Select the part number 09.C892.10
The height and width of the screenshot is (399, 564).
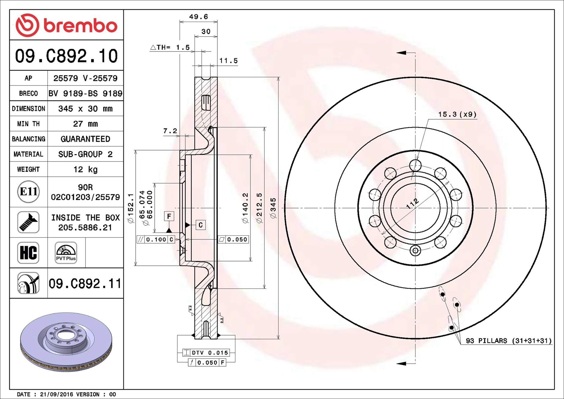point(66,56)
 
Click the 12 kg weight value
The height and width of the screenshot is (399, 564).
point(85,170)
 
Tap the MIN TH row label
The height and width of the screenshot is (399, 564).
point(28,124)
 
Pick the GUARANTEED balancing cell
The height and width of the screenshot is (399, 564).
point(85,139)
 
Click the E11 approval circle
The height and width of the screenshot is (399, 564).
point(28,192)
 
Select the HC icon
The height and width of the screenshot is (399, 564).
point(28,253)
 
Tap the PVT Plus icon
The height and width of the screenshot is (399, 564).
point(66,253)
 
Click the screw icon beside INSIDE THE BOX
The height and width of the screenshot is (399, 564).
point(28,222)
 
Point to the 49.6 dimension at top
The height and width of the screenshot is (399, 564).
point(198,17)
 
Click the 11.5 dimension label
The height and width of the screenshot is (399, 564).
point(229,61)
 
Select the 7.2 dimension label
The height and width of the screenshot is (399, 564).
point(170,131)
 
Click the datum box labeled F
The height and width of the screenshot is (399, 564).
point(169,216)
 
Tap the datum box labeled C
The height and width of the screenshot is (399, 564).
point(201,225)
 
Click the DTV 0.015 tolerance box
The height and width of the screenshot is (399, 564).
point(206,353)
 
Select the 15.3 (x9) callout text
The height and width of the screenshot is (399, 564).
point(457,114)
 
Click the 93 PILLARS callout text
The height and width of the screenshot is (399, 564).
point(509,341)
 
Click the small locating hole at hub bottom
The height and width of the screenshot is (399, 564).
point(415,251)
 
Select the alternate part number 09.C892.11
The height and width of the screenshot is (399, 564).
point(85,283)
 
